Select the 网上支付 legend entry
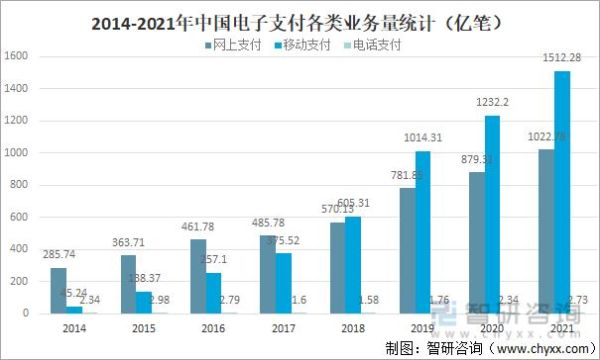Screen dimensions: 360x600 232,45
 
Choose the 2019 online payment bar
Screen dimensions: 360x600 405,250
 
